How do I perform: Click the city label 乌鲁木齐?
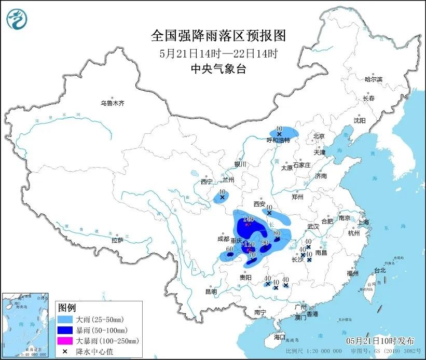click(113, 103)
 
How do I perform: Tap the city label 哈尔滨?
click(373, 79)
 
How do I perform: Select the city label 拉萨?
click(118, 240)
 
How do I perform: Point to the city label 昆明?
click(211, 292)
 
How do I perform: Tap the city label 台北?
click(380, 270)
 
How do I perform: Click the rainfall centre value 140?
click(248, 219)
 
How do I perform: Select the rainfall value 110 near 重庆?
click(249, 244)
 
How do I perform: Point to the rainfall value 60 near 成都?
click(230, 250)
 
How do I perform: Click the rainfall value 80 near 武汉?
click(277, 233)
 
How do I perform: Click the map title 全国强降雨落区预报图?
click(218, 35)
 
